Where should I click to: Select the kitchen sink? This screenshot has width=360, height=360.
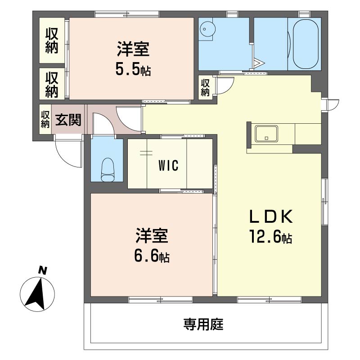click(x=266, y=134)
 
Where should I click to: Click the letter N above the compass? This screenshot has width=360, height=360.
click(x=42, y=270)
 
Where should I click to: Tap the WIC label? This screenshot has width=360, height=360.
click(x=168, y=166)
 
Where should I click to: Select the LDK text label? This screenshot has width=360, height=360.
click(x=271, y=217)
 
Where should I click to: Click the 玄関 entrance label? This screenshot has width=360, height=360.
click(x=68, y=120)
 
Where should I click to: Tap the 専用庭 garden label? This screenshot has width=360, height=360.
click(x=203, y=324)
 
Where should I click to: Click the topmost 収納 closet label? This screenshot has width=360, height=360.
click(x=51, y=40)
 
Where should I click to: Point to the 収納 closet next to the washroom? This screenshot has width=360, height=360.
click(x=205, y=88)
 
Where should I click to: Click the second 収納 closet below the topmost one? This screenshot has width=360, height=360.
click(x=51, y=84)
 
